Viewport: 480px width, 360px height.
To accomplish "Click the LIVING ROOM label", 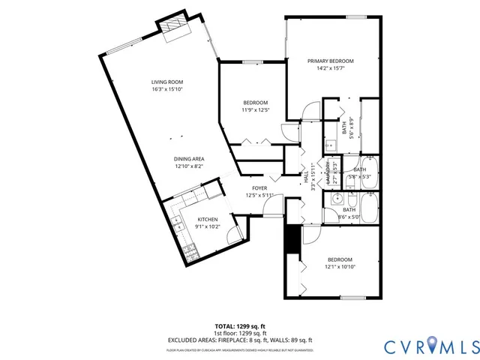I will coord(167,82).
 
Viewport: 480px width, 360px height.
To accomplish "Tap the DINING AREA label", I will coord(189,159).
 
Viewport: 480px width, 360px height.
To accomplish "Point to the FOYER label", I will coord(259,188).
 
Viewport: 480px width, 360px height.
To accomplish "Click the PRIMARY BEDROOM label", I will coord(330,61).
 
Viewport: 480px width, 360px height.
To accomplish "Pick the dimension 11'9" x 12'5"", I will coord(255,109).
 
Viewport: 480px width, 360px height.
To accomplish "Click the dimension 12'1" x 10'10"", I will coord(339,266).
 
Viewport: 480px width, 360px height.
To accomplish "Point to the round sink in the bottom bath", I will coord(337,200).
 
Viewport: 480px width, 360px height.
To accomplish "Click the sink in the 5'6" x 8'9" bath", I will coord(331,144).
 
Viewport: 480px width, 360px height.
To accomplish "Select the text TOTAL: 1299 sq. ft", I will coord(239,327).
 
